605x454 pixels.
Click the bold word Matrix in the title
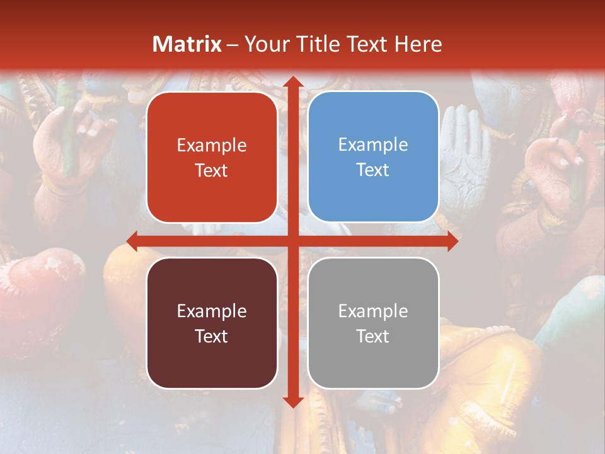(x=187, y=44)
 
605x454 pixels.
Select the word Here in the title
(x=418, y=44)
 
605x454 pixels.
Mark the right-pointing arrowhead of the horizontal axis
(x=452, y=241)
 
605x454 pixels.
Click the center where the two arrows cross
(x=292, y=241)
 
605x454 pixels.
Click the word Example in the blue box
(x=373, y=145)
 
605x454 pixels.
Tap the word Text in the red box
(x=212, y=171)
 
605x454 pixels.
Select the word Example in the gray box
(x=373, y=311)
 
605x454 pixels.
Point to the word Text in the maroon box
(x=212, y=337)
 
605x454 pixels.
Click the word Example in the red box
(x=212, y=146)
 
